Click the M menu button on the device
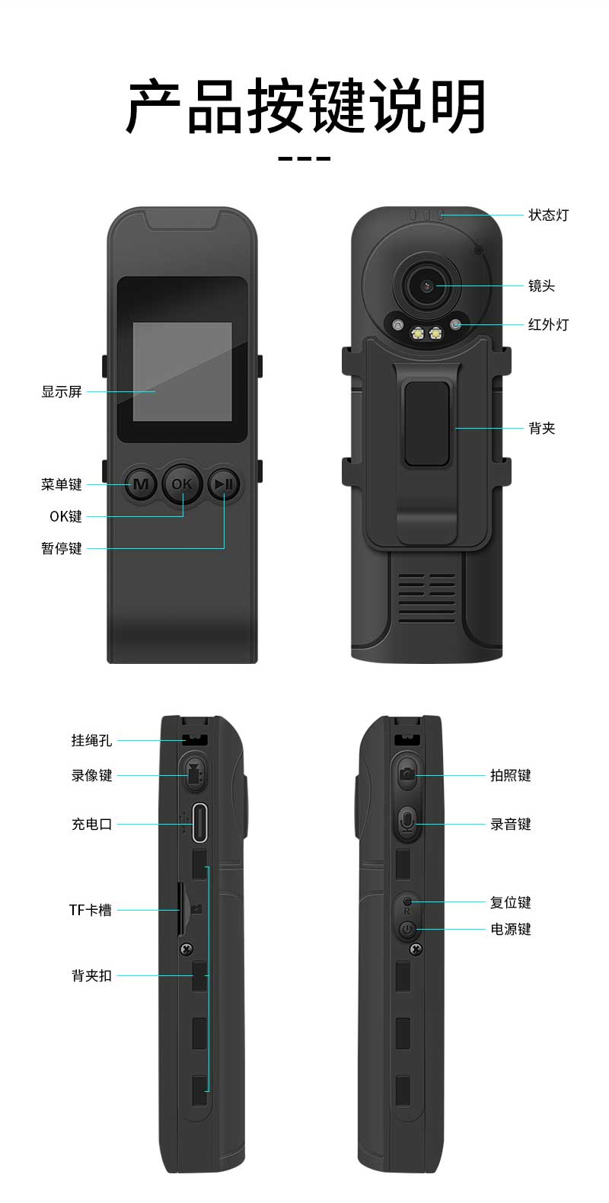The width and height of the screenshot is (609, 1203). click(x=141, y=484)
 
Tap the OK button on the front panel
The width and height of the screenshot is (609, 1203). click(x=182, y=484)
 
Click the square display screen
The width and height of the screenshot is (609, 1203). click(x=183, y=371)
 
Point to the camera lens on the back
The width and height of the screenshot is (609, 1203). click(x=428, y=286)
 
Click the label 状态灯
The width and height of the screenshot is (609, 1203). click(x=548, y=215)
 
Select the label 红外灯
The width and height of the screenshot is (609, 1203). click(x=548, y=324)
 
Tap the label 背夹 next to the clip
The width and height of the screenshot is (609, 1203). click(x=541, y=428)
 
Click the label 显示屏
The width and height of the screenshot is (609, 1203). click(x=62, y=391)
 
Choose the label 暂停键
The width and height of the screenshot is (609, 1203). click(x=62, y=548)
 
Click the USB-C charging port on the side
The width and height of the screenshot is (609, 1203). click(x=199, y=822)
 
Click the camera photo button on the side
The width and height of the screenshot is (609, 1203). click(x=407, y=774)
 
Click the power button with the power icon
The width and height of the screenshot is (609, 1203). click(x=407, y=929)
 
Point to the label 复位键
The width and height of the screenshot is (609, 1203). click(x=511, y=902)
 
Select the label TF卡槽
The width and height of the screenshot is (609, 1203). click(x=91, y=910)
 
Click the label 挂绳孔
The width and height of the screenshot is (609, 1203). click(x=92, y=741)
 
